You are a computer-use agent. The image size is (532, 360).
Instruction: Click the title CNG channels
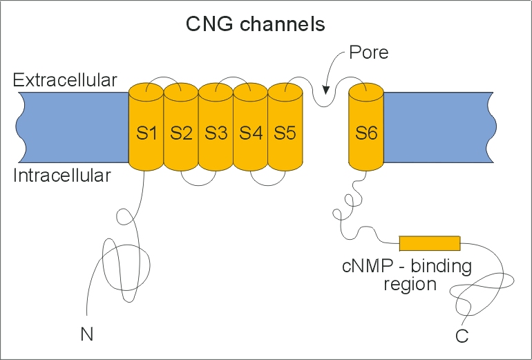256,25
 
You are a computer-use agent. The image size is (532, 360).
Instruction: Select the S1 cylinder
146,132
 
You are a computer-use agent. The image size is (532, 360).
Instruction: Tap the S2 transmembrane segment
181,132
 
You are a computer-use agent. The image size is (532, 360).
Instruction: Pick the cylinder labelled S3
216,132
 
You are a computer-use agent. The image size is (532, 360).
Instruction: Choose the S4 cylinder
250,132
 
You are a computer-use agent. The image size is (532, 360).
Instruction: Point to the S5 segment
285,132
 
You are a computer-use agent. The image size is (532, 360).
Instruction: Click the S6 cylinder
366,132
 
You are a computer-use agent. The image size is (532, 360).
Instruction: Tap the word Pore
369,53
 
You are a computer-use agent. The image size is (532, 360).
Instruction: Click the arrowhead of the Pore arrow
325,88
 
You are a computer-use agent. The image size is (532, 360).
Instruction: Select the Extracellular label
65,80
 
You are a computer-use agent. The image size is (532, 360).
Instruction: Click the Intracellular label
62,176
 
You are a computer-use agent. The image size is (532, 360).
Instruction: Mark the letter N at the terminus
86,334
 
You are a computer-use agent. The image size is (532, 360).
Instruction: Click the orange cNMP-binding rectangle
430,243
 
